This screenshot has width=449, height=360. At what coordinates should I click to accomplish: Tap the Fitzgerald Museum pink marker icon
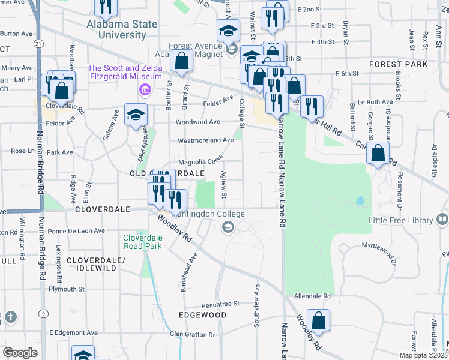tap(144, 91)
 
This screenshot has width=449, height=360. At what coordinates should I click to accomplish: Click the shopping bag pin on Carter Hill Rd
tap(378, 153)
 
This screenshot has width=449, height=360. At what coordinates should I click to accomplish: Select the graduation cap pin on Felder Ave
tap(136, 113)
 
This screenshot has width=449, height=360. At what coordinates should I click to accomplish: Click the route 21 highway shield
tap(39, 44)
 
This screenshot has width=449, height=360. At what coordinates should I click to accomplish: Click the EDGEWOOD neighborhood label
tap(202, 315)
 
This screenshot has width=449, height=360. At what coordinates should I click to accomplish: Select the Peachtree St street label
tap(220, 304)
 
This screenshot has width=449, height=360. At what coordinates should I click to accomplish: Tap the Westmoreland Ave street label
tap(205, 140)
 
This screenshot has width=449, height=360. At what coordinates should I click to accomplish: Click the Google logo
tap(20, 352)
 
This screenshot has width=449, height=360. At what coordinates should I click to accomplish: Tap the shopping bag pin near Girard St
tap(181, 61)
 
